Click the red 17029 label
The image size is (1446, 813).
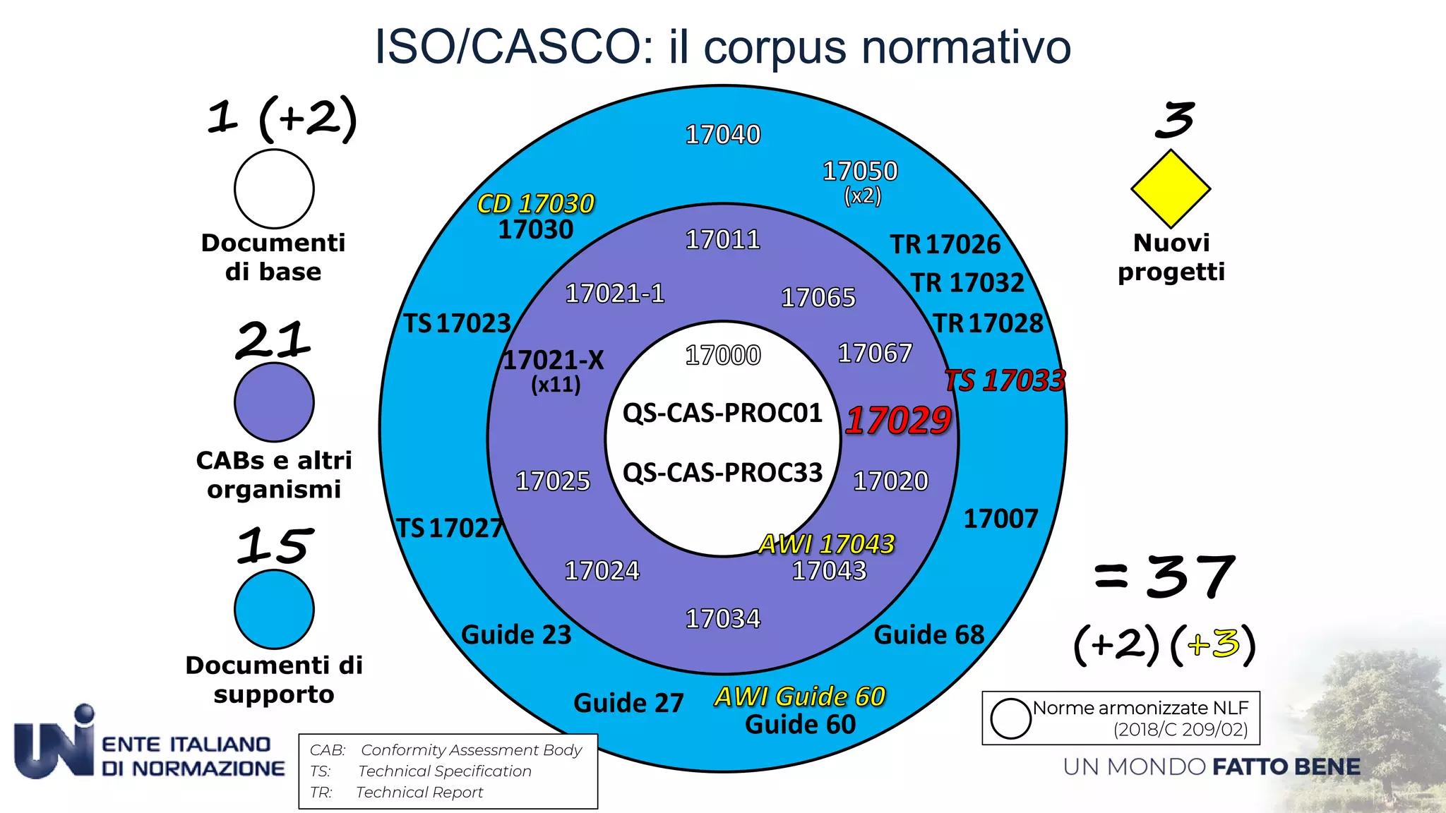898,421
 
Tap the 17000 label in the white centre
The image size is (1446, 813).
723,355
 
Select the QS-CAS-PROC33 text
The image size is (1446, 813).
722,472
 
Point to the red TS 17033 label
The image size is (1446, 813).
1005,381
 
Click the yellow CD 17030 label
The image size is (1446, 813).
535,204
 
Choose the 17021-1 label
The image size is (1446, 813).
615,294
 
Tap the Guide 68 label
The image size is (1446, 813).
929,634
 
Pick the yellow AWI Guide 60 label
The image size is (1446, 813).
799,697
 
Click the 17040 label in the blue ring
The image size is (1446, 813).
723,135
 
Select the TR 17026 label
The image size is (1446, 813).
945,245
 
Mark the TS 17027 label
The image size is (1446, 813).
450,528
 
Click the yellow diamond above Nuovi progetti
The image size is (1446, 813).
1171,189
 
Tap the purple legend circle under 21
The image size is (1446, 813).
274,402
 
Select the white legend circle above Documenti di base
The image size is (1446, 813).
274,189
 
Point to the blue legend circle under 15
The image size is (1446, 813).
274,609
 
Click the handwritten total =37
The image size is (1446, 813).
1165,577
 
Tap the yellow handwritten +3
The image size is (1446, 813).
1213,643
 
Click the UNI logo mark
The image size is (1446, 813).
54,743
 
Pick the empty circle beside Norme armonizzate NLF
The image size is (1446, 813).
1010,718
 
